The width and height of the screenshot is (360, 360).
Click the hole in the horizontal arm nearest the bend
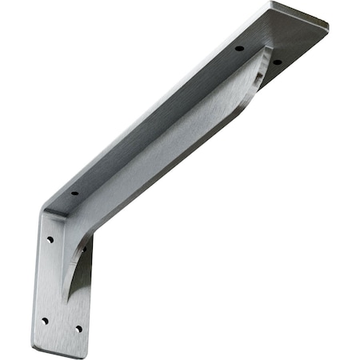74,193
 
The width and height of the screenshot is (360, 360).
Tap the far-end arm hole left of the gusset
238,49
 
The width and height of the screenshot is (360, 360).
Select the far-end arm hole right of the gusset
277,62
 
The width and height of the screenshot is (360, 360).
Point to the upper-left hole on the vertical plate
50,238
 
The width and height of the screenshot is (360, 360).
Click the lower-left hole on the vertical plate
44,320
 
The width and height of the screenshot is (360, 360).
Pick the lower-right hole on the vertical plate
78,327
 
